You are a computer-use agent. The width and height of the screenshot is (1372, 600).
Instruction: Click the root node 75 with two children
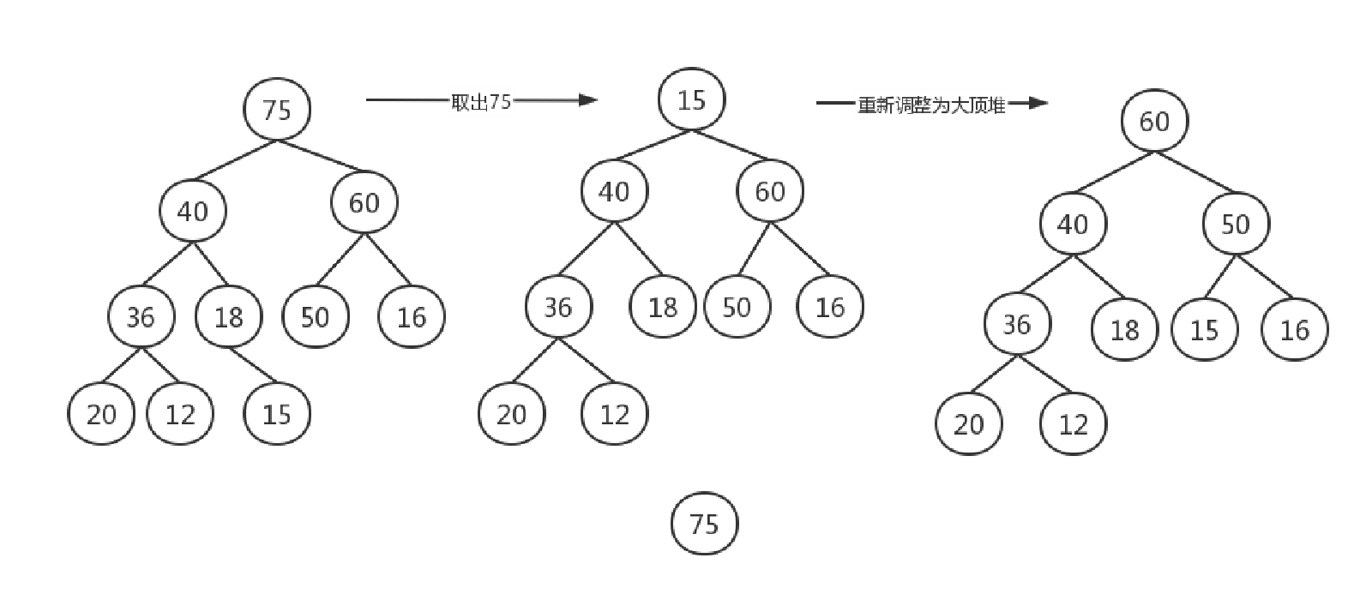click(276, 109)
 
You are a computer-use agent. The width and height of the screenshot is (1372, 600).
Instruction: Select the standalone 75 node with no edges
click(704, 523)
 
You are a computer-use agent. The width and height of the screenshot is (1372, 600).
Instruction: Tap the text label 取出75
click(481, 102)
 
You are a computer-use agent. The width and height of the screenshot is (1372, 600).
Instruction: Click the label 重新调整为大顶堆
click(931, 105)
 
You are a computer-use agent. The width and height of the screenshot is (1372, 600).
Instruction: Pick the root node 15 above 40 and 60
click(691, 99)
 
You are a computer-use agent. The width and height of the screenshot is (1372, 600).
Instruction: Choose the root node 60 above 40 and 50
click(1154, 121)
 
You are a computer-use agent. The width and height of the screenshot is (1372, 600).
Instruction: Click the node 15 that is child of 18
click(276, 415)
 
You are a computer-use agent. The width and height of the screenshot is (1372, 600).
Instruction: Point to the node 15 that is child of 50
click(1205, 330)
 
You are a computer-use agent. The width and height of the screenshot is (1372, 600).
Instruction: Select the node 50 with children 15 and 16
click(1236, 225)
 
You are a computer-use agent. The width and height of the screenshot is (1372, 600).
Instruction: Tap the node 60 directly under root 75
click(364, 202)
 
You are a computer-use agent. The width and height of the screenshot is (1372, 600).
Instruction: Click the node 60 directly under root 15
click(770, 191)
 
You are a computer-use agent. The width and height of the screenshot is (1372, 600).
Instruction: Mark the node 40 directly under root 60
click(1072, 225)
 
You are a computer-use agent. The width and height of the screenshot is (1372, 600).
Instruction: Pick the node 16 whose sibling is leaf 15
click(1295, 330)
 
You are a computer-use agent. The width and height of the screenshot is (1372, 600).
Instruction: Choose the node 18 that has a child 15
click(228, 318)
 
